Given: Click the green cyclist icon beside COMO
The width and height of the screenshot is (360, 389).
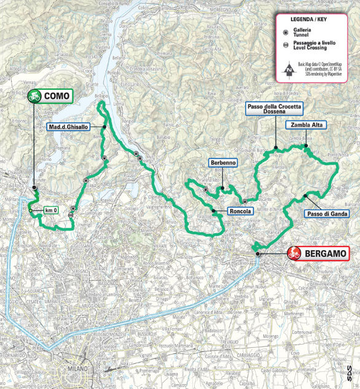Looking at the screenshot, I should tap(34, 96).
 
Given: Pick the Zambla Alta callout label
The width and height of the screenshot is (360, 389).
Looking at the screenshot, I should tap(306, 125).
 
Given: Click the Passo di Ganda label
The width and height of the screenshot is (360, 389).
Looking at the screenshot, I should tap(326, 214).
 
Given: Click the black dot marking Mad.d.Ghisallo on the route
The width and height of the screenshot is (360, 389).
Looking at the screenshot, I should tap(104, 127).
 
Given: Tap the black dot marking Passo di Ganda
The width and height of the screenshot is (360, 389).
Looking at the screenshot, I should tap(305, 195).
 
